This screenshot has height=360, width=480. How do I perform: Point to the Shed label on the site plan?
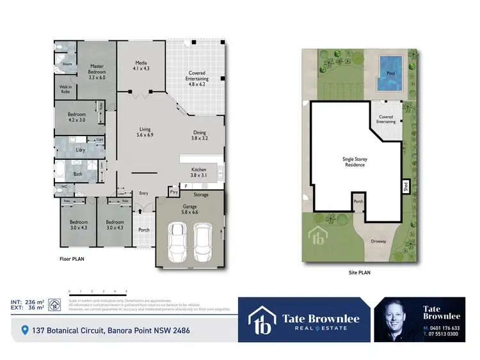[405, 187]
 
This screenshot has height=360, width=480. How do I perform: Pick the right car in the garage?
[204, 243]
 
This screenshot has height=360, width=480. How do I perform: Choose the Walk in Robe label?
[65, 90]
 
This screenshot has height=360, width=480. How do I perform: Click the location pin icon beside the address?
[25, 331]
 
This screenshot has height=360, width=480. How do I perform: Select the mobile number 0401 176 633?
[444, 328]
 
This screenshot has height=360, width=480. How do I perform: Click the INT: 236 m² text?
[28, 301]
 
